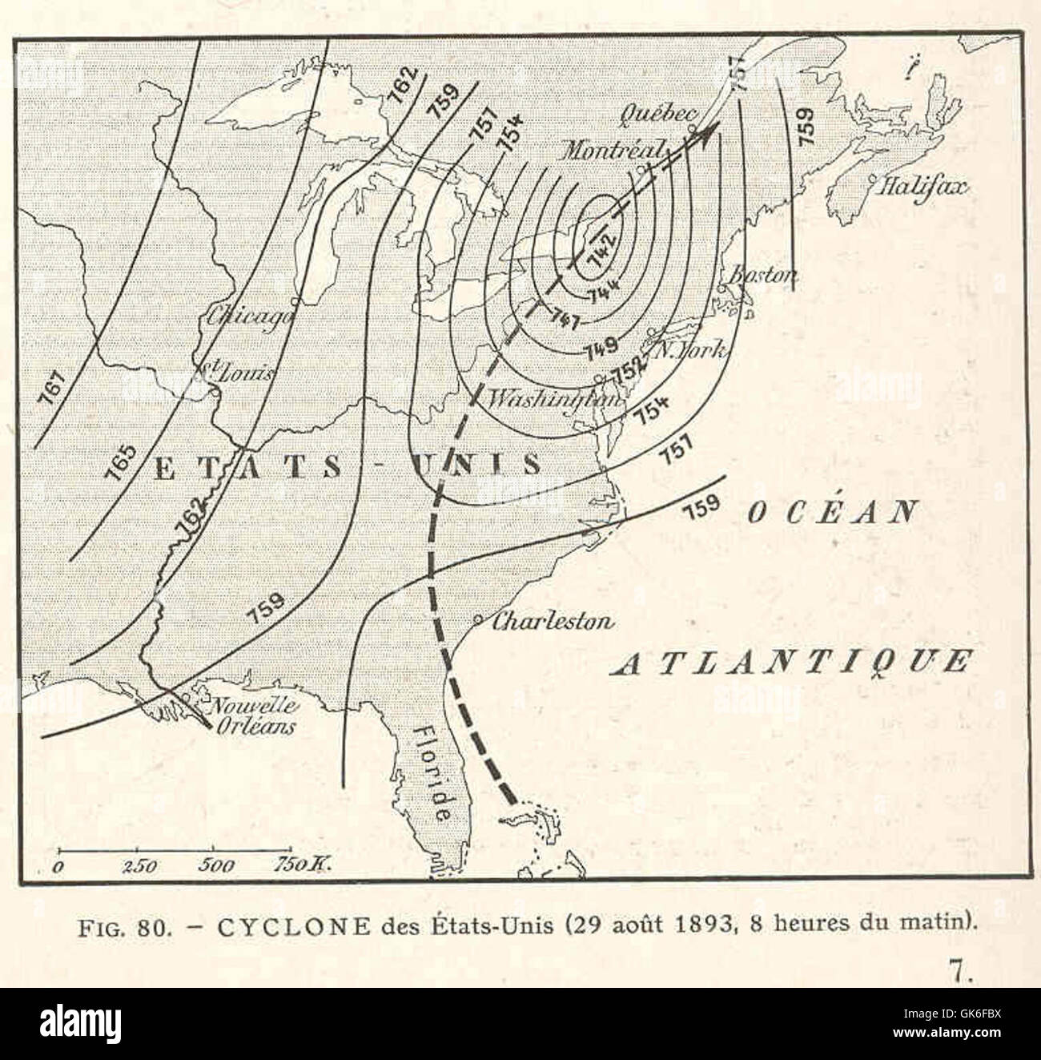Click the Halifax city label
(x=923, y=187)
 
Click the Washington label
(x=554, y=397)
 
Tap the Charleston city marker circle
(x=477, y=619)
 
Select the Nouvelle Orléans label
(x=251, y=716)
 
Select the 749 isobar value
(x=601, y=348)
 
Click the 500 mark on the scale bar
(x=213, y=865)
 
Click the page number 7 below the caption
(x=960, y=971)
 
